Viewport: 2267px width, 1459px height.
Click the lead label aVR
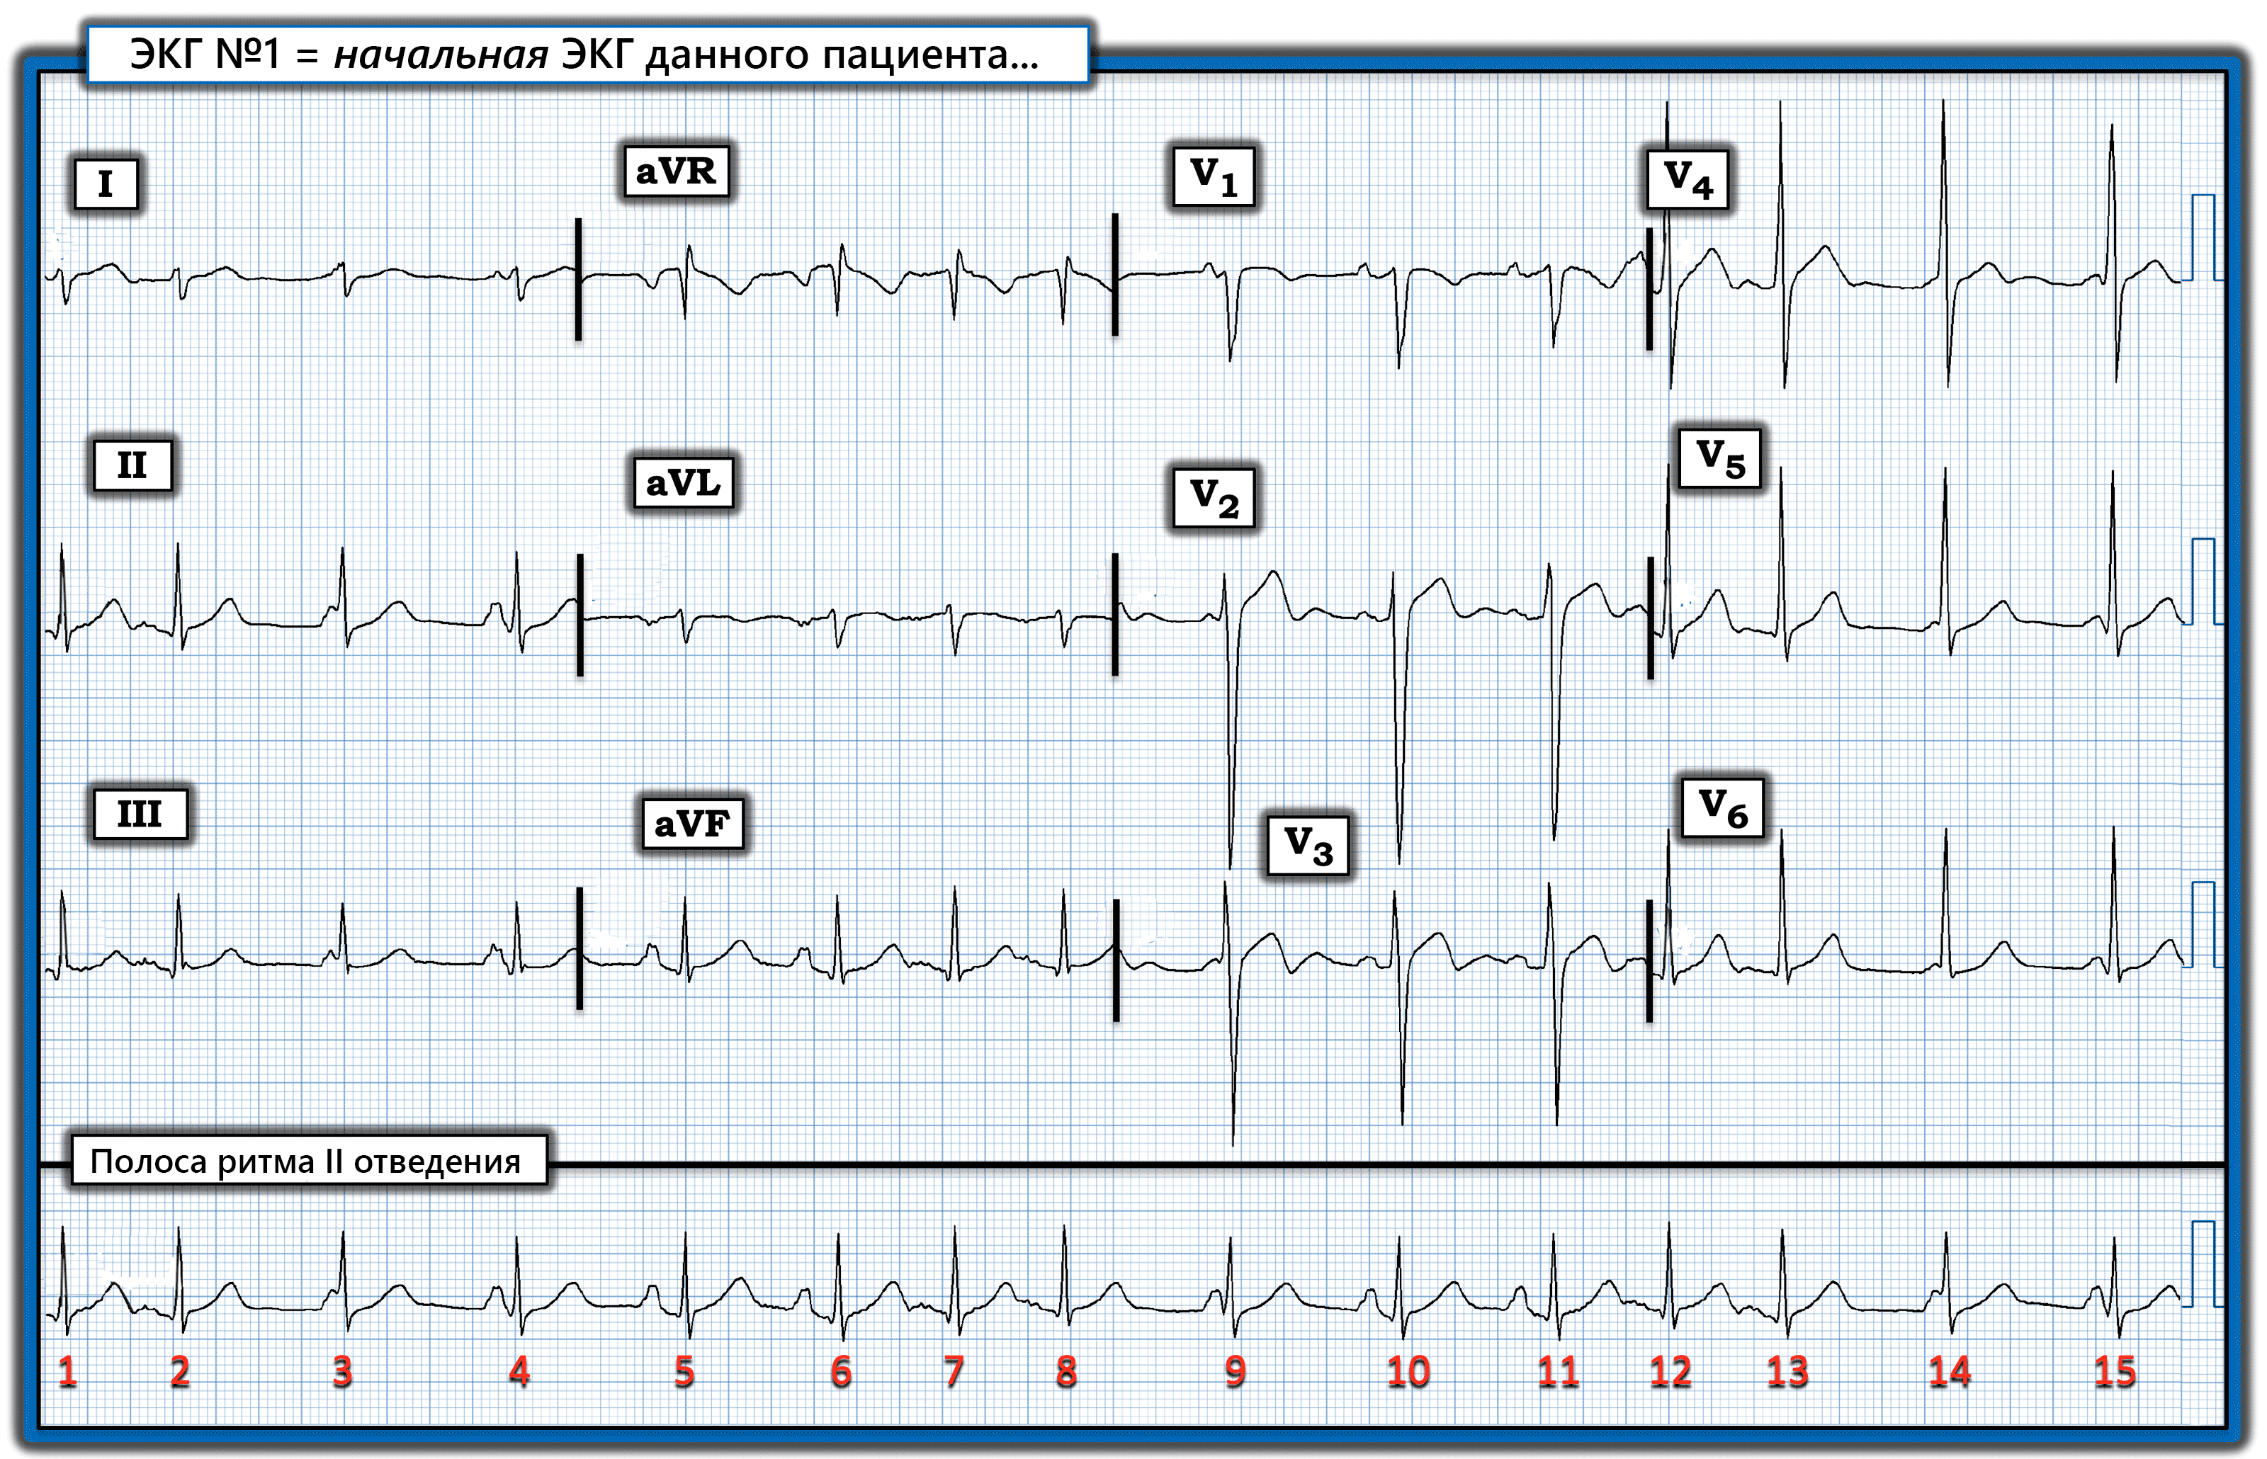click(675, 171)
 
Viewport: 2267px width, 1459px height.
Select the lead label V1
click(1213, 176)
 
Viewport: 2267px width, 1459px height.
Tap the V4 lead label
click(1687, 179)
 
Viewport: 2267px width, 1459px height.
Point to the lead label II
click(132, 465)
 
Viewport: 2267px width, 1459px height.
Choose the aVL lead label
click(683, 483)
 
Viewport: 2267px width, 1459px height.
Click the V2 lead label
click(1213, 497)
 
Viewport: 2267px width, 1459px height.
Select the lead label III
click(140, 814)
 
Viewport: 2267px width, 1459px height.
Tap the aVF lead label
click(691, 823)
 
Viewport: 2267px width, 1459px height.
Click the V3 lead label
click(1308, 845)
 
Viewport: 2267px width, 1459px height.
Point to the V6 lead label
click(1722, 808)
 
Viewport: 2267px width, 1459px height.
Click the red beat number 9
click(1234, 1371)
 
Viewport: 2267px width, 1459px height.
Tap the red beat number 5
click(684, 1371)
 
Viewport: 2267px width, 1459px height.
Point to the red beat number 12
click(1670, 1371)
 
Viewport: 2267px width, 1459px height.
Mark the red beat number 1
click(67, 1371)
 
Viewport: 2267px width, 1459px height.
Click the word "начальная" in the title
click(441, 55)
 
